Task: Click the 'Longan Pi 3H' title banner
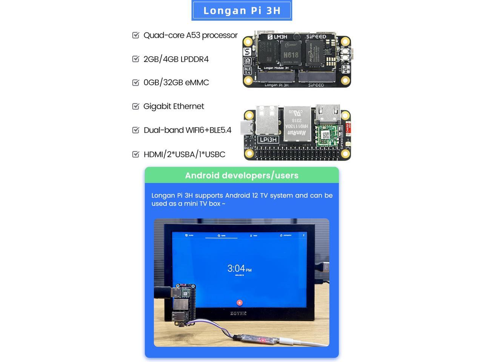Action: click(x=241, y=11)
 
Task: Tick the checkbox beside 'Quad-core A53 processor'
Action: click(x=136, y=35)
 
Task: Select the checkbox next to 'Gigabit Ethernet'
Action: click(x=136, y=106)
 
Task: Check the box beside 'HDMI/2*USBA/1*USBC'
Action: click(x=136, y=154)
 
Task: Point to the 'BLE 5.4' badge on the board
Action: click(x=248, y=71)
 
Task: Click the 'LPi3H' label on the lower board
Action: click(x=268, y=140)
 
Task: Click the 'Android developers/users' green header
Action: click(x=241, y=175)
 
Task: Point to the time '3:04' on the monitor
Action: click(x=236, y=268)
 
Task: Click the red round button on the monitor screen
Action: click(x=239, y=302)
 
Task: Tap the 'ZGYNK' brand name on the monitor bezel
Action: click(x=238, y=313)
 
